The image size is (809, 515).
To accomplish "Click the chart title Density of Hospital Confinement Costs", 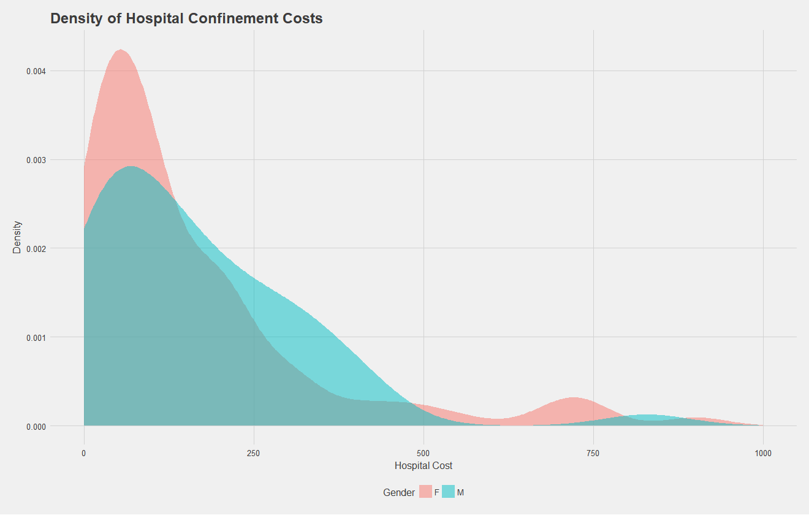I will (186, 18).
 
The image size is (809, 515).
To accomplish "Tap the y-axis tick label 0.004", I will (35, 71).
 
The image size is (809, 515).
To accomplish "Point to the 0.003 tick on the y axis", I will (35, 160).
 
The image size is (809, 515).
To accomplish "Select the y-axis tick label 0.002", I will (35, 248).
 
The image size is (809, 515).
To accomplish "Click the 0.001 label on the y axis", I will (35, 337).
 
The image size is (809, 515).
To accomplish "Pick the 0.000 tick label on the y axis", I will (35, 426).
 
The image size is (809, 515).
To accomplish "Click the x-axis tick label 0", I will (84, 453).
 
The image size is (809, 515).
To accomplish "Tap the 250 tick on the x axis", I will (254, 453).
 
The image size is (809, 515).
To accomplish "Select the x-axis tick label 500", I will (423, 453).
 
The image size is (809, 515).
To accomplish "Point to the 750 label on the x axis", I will (593, 453).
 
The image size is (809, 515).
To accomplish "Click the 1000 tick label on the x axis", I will (763, 453).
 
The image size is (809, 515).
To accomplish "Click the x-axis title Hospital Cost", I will (423, 466).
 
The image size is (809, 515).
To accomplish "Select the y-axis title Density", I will (18, 237).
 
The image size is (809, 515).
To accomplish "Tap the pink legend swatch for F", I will (425, 492).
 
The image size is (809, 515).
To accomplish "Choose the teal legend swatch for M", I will (449, 492).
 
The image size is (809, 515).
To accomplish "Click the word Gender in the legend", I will (399, 492).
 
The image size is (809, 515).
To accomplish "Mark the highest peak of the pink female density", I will (120, 50).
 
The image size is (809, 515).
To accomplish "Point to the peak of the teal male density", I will (130, 166).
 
